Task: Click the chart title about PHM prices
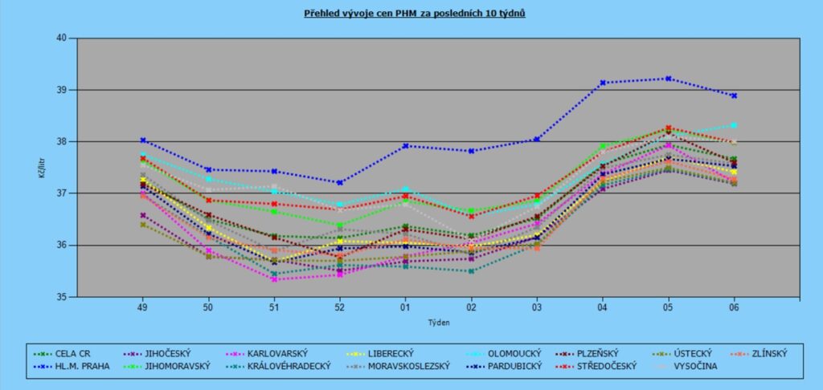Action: click(x=415, y=14)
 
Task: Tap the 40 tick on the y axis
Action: click(x=61, y=38)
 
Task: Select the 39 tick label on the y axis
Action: click(x=61, y=90)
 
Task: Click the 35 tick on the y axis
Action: click(x=61, y=297)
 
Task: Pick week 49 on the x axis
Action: click(x=143, y=306)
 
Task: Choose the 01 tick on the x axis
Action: click(x=405, y=306)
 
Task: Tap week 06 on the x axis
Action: click(x=734, y=306)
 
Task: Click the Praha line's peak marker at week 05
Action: click(x=668, y=79)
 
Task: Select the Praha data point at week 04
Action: click(x=603, y=83)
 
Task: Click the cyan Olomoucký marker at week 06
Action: click(x=734, y=125)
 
